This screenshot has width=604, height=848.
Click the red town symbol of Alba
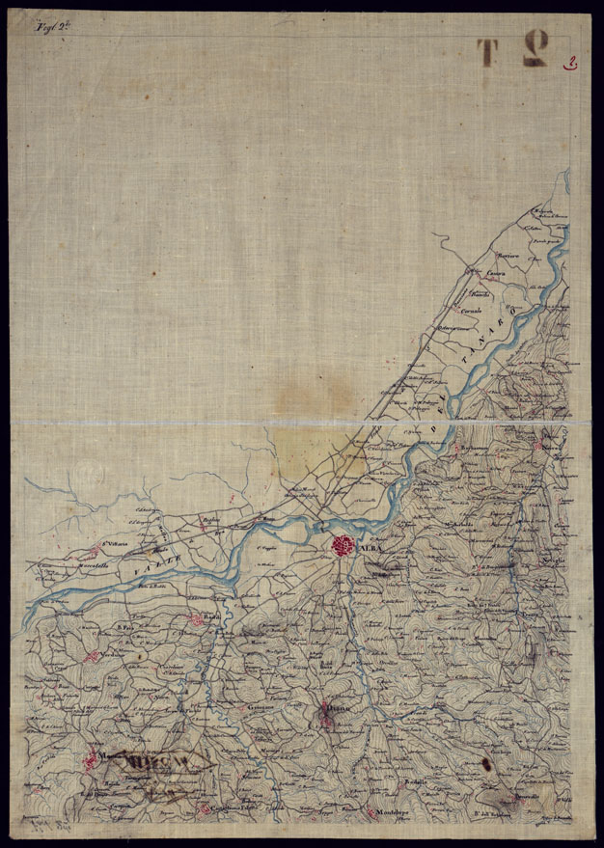pyautogui.click(x=343, y=546)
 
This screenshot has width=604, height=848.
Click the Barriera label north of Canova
pyautogui.click(x=508, y=255)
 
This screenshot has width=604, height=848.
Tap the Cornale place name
pyautogui.click(x=472, y=306)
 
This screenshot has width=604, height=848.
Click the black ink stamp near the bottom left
pyautogui.click(x=154, y=767)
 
